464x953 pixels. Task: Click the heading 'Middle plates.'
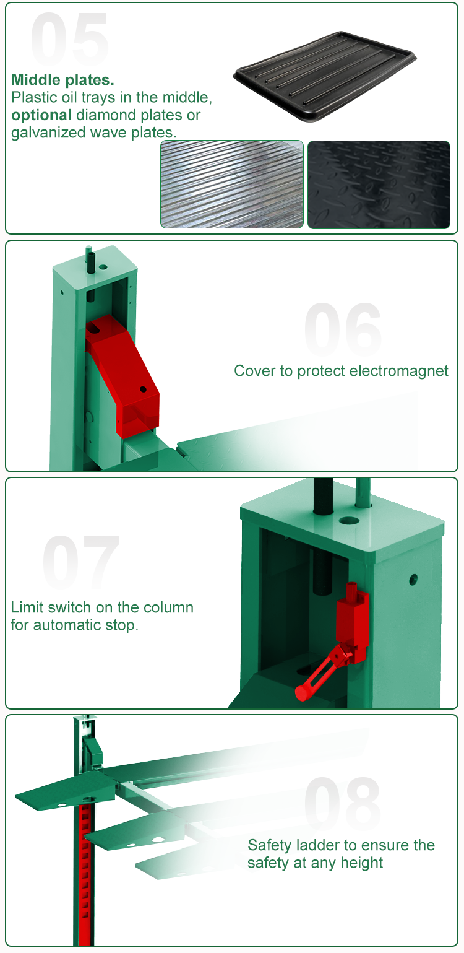63,79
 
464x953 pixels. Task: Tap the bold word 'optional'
41,115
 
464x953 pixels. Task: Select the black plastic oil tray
325,76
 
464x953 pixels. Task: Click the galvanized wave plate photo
232,184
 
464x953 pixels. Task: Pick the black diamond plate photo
379,185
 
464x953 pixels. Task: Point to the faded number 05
70,39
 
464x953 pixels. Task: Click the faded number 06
343,329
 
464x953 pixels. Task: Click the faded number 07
80,562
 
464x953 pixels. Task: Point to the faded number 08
343,802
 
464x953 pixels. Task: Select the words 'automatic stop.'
86,625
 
